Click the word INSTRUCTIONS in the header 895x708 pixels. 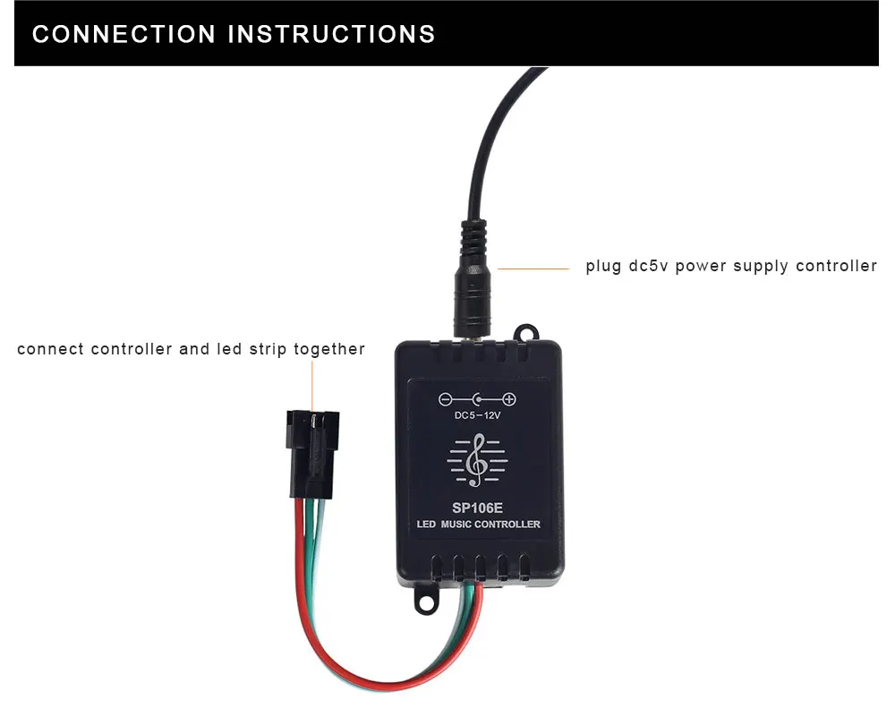pos(332,34)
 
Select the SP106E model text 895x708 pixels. pos(477,507)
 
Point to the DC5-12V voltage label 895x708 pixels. pos(477,415)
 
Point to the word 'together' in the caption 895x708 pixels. pos(329,349)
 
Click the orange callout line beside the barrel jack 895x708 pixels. pos(533,268)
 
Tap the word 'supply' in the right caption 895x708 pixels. pos(763,267)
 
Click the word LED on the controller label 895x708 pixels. pos(426,524)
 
